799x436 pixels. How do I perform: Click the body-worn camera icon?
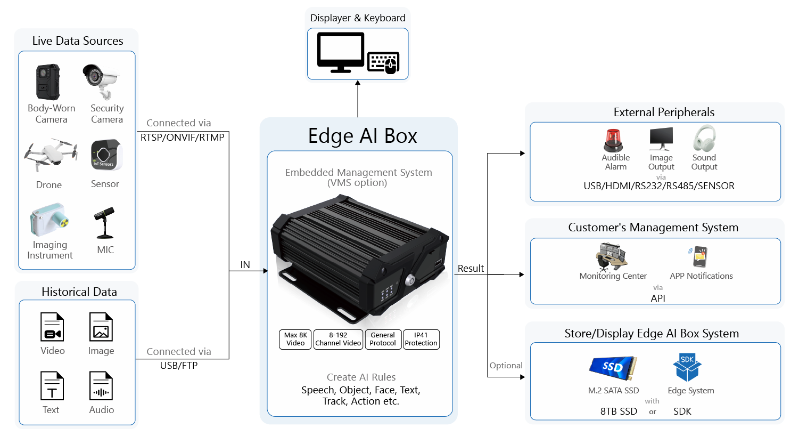[48, 82]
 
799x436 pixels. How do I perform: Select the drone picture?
[51, 155]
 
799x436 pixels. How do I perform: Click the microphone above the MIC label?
[104, 223]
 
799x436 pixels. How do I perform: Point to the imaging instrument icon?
[50, 220]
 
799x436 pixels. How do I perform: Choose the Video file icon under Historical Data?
[52, 327]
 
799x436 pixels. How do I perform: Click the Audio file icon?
[101, 386]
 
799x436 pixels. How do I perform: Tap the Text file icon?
[52, 386]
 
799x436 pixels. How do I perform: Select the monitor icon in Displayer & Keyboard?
[341, 52]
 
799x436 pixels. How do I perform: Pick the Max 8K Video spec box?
[295, 339]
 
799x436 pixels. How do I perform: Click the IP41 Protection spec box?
[421, 339]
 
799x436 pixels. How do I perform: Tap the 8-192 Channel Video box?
[338, 339]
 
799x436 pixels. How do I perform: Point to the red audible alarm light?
[613, 140]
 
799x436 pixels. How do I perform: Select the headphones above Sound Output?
[704, 139]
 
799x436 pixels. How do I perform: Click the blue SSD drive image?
[613, 366]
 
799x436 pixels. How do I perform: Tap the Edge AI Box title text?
[363, 136]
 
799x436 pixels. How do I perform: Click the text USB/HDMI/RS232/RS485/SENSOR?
[659, 186]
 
